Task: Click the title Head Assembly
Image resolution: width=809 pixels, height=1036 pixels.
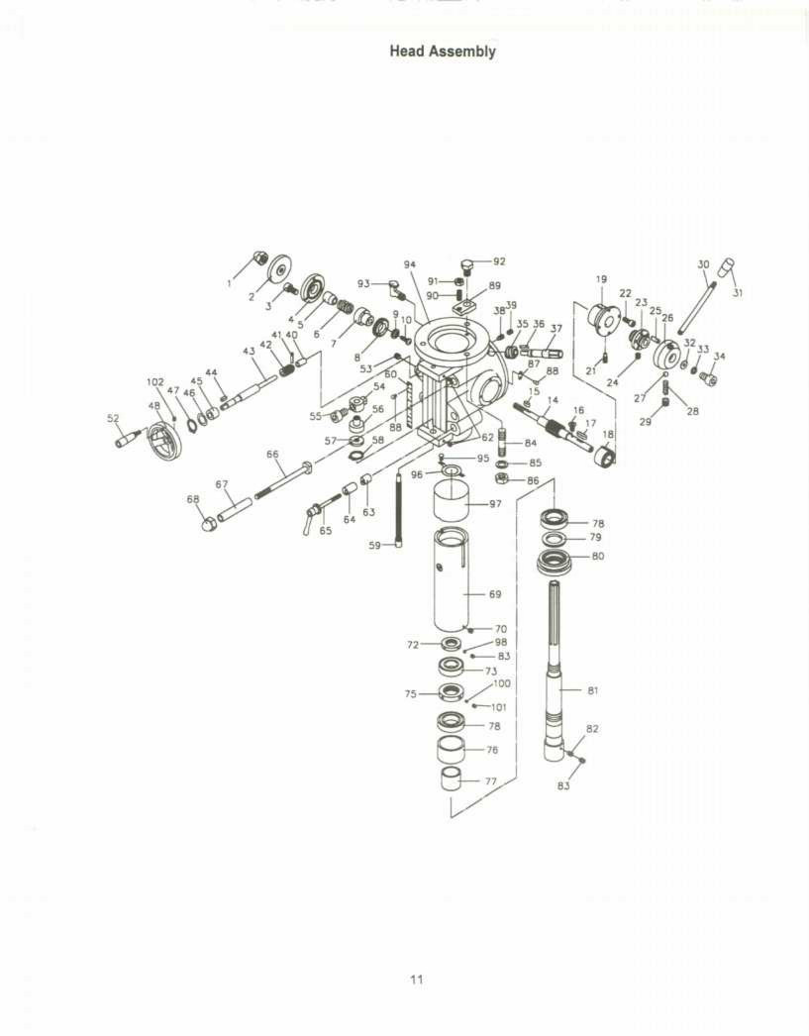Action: pos(442,51)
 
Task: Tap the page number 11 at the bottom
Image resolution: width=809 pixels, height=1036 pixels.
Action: pos(417,980)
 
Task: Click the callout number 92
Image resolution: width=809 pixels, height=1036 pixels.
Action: pos(499,261)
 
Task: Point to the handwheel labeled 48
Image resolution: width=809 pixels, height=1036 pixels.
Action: pos(160,439)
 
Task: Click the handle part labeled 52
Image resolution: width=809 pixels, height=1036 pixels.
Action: pos(129,437)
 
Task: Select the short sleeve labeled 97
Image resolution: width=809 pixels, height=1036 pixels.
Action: pos(452,506)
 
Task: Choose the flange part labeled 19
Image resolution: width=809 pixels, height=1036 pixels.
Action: pos(602,318)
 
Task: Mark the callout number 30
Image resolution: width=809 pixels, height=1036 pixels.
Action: pos(703,264)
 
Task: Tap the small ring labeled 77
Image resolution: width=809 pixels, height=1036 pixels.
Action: pos(452,779)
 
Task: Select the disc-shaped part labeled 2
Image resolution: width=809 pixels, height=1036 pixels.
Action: pos(279,267)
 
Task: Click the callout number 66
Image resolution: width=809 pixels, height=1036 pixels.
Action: pos(272,454)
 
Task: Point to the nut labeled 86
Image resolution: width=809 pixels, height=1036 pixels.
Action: pos(502,479)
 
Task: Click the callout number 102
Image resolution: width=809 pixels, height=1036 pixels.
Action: pos(155,381)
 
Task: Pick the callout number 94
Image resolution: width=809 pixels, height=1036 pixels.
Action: pos(410,264)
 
